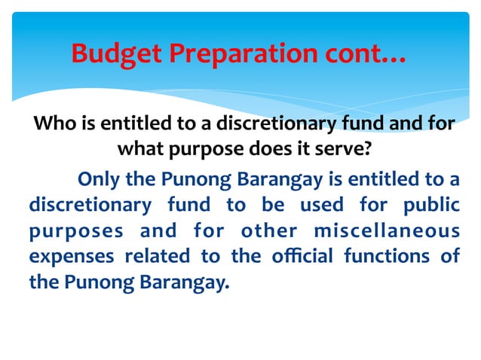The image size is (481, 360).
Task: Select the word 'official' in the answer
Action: click(299, 257)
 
